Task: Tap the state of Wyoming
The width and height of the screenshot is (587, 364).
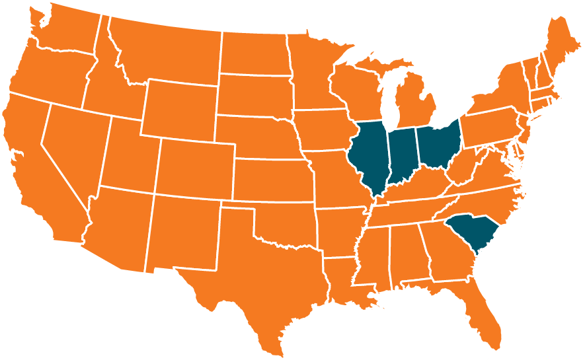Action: click(x=178, y=109)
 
